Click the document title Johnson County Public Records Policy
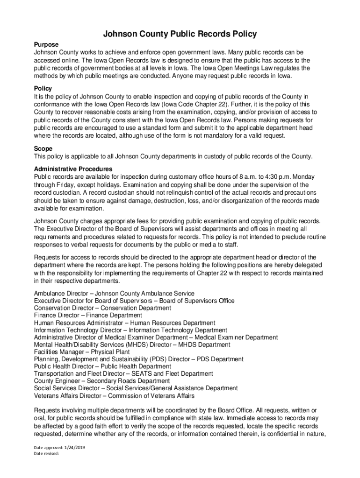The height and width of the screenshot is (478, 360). click(x=180, y=34)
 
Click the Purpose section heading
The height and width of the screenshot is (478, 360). click(x=46, y=44)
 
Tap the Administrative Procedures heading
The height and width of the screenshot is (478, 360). click(x=73, y=169)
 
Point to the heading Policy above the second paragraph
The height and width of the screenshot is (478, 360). click(x=43, y=88)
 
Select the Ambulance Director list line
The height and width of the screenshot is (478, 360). click(x=114, y=293)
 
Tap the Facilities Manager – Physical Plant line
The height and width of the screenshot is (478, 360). click(x=82, y=352)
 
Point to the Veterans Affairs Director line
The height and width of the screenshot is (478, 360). click(x=114, y=396)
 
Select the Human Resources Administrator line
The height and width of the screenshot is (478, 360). click(x=125, y=323)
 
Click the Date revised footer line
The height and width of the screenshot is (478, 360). click(x=46, y=453)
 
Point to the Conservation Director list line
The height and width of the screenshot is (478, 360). click(x=102, y=308)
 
